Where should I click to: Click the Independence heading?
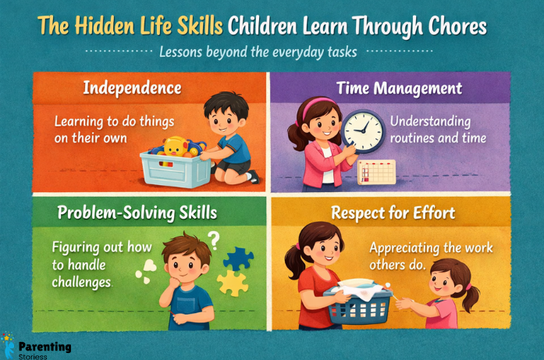(x=132, y=87)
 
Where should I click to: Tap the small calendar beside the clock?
(x=377, y=172)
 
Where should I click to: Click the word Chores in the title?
(x=448, y=27)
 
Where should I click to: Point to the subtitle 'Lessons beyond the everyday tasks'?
(x=258, y=52)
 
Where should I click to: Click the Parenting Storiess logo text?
(x=44, y=348)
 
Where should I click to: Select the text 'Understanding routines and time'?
(x=438, y=130)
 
